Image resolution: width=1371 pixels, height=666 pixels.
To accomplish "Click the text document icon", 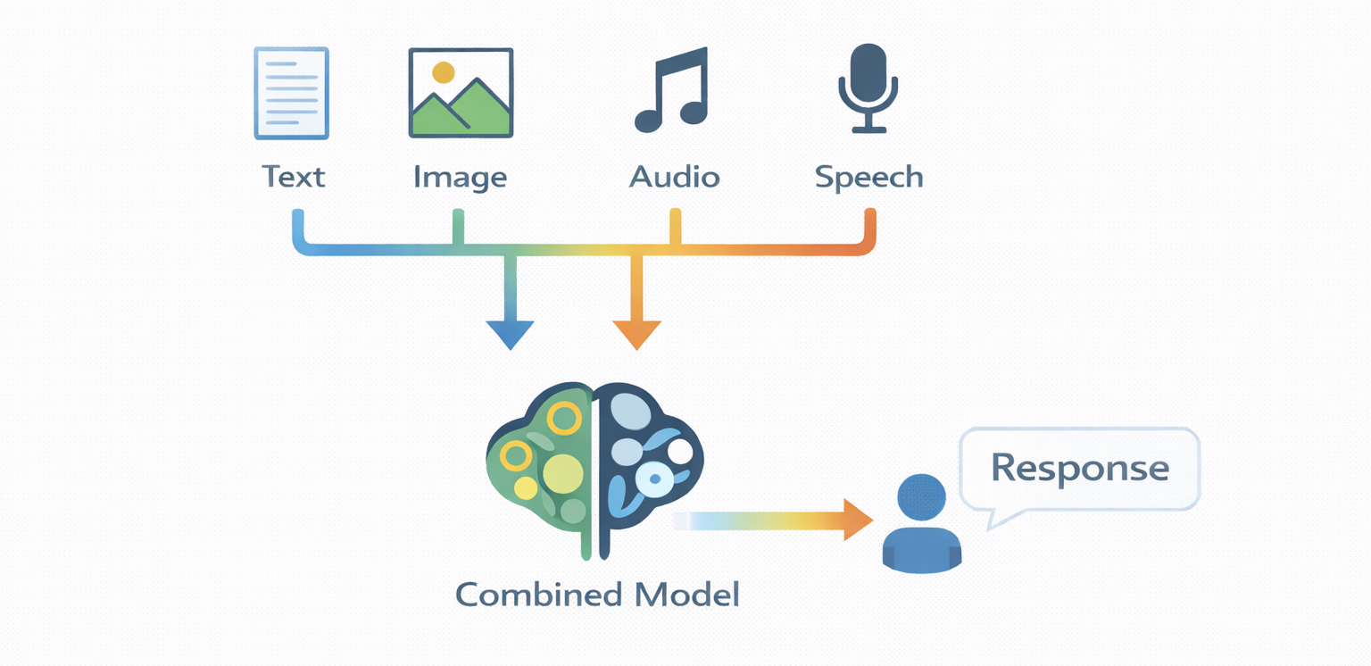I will (x=291, y=93).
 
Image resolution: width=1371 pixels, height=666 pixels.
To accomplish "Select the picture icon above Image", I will (x=460, y=93).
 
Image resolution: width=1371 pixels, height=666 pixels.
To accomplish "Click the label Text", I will (x=294, y=176).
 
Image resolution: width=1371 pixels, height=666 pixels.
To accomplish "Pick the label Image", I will (x=460, y=178).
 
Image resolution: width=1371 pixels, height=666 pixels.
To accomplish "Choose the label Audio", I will (x=674, y=176).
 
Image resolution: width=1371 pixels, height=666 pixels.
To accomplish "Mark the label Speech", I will (x=868, y=178).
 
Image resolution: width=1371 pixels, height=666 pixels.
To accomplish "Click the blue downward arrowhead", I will (x=510, y=334).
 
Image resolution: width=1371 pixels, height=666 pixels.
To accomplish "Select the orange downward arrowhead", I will (x=636, y=334).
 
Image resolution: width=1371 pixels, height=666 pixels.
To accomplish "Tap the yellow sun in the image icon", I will (x=442, y=72).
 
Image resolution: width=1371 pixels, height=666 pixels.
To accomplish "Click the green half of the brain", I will (x=541, y=464).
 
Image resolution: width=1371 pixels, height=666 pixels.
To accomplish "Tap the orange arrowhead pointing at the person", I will (x=858, y=520).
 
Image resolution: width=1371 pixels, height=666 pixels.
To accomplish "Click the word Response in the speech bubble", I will (x=1079, y=467).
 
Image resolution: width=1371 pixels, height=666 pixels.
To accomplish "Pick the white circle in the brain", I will (x=680, y=451).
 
